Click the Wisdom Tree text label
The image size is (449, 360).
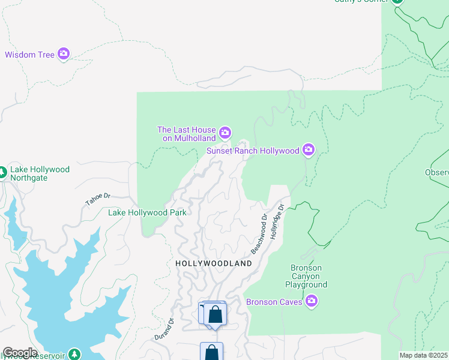[x=30, y=55]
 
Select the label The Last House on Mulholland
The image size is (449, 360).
[x=186, y=134]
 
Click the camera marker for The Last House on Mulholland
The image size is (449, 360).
[x=225, y=132]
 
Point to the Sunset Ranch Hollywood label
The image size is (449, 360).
[x=253, y=151]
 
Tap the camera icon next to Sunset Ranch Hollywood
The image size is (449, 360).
[x=309, y=149]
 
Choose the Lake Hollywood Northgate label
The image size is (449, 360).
[x=40, y=174]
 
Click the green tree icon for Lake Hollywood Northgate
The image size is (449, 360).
[x=2, y=173]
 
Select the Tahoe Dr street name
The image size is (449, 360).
[x=98, y=200]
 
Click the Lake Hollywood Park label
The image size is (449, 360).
[x=147, y=212]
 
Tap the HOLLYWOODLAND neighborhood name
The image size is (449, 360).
[x=214, y=263]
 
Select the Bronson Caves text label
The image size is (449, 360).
[x=274, y=302]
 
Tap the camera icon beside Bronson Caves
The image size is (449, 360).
[x=311, y=301]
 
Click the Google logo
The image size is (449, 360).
[x=19, y=353]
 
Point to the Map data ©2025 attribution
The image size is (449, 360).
[x=423, y=355]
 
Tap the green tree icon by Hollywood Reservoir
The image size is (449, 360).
[x=74, y=354]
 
